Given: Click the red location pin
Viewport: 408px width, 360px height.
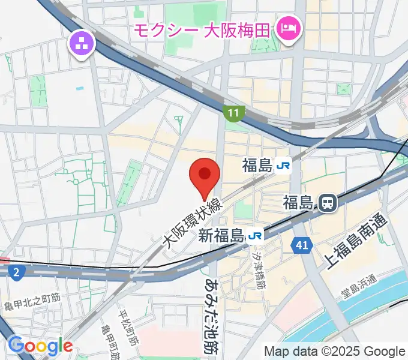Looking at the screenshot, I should (x=205, y=175).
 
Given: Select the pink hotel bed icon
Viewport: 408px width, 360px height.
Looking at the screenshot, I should (x=289, y=28).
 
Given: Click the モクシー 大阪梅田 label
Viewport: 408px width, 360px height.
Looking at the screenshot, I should (x=202, y=29).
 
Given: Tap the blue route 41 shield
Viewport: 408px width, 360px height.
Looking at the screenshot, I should (x=301, y=244).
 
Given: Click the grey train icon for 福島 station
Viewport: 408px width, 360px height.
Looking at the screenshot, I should (x=328, y=203).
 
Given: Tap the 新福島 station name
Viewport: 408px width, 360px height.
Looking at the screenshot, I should (x=221, y=236).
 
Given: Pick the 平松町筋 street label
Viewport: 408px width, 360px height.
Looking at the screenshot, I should (x=128, y=328).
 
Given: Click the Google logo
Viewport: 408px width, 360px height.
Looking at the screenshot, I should (x=40, y=346).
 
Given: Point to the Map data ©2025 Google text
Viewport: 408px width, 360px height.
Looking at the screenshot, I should (x=335, y=351).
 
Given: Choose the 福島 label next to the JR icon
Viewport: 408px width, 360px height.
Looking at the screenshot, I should (x=258, y=166).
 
